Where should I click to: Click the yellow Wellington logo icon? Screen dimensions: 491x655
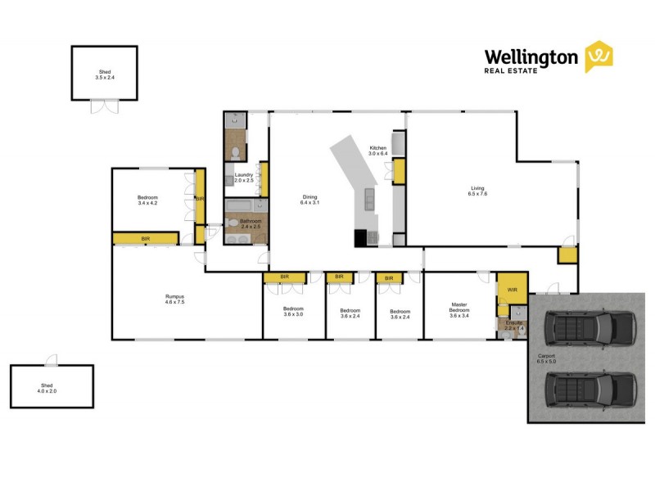tap(599, 56)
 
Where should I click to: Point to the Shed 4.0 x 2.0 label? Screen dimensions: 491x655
tap(52, 388)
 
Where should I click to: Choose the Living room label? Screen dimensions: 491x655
tap(477, 191)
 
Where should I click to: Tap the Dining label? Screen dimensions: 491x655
tap(310, 200)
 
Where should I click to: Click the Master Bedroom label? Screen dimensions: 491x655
tap(458, 308)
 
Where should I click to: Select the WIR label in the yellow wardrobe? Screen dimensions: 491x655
tap(513, 290)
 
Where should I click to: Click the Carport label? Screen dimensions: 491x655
tap(547, 358)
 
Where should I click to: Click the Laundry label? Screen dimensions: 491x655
tap(244, 178)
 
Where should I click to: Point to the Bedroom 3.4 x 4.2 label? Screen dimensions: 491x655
tap(148, 200)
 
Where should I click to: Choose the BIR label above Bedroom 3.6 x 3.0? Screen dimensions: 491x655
tap(285, 277)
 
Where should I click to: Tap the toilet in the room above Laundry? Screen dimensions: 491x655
tap(236, 153)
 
